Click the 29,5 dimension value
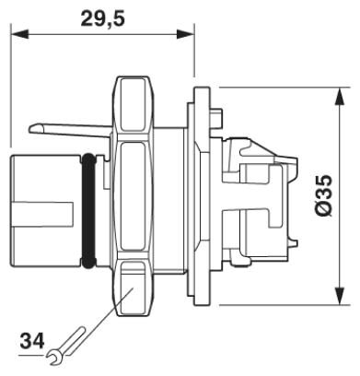coord(103,18)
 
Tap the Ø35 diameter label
coord(323,196)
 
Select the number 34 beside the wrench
coord(32,341)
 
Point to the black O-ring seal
coord(89,212)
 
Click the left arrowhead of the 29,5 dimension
coord(20,34)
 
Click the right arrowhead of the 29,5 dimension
coord(185,34)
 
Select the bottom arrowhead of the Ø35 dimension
coord(339,296)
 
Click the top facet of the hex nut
coord(133,105)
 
